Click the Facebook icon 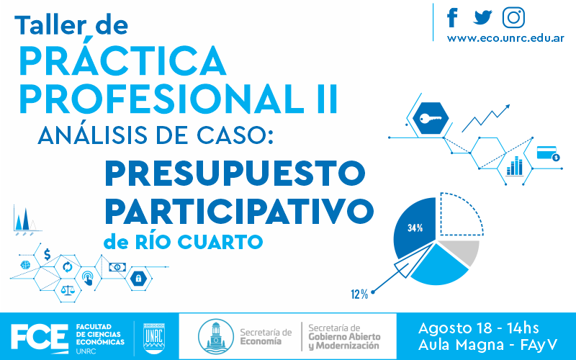click(453, 17)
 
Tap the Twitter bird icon click(482, 17)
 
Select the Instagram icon click(513, 17)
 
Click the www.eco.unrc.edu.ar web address click(505, 38)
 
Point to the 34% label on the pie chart click(415, 228)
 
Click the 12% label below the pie click(359, 294)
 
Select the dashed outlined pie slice click(461, 214)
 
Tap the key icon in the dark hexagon click(431, 119)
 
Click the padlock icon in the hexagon click(138, 278)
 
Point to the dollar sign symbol click(47, 254)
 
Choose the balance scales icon click(67, 291)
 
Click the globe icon click(25, 265)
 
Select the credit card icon click(548, 153)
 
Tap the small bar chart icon click(514, 166)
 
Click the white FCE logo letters click(40, 336)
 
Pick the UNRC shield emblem click(154, 338)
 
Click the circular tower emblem click(215, 336)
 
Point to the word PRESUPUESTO click(235, 174)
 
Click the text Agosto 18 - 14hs click(478, 328)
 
